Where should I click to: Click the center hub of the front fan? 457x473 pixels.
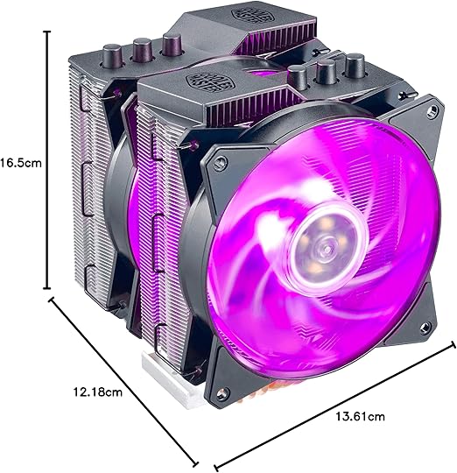[311, 249]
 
